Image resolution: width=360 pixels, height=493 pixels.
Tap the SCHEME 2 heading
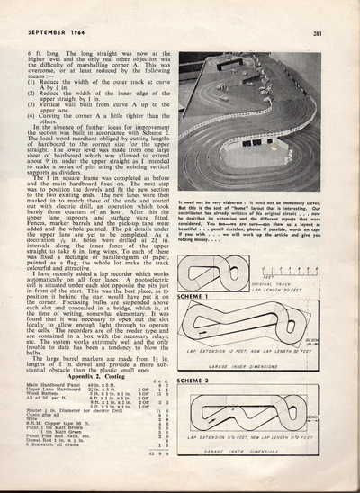(194, 381)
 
